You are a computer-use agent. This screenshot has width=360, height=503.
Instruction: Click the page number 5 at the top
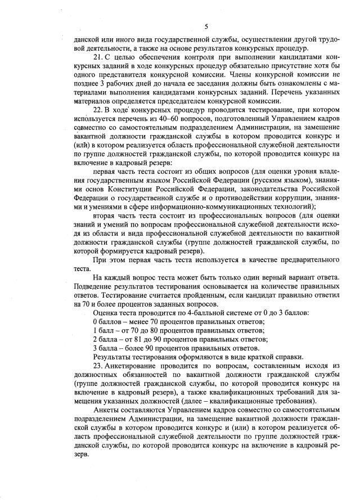(206, 26)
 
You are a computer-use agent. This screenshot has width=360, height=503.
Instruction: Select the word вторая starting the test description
(105, 217)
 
